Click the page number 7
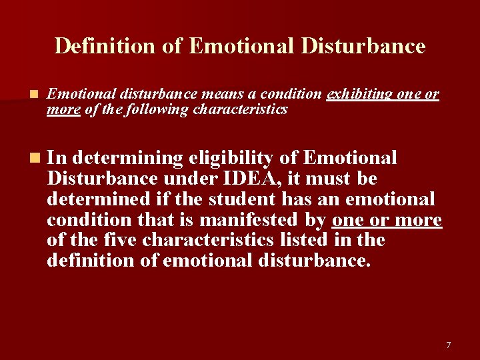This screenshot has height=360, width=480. pos(449,345)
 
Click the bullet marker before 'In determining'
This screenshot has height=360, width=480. pos(34,158)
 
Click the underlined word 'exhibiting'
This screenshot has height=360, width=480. pos(360,95)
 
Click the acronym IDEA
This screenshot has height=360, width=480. pos(235,179)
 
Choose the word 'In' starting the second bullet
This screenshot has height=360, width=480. pos(57,158)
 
